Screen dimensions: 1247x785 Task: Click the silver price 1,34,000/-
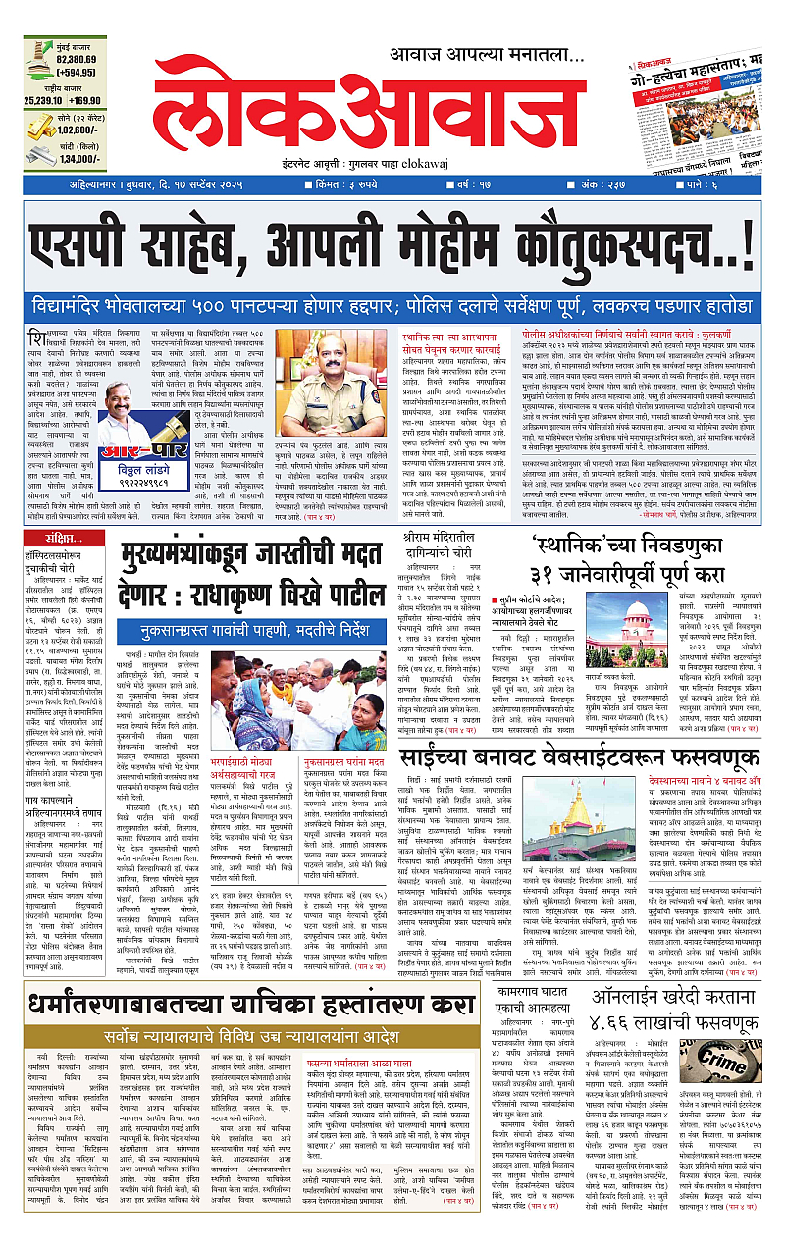tap(80, 159)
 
